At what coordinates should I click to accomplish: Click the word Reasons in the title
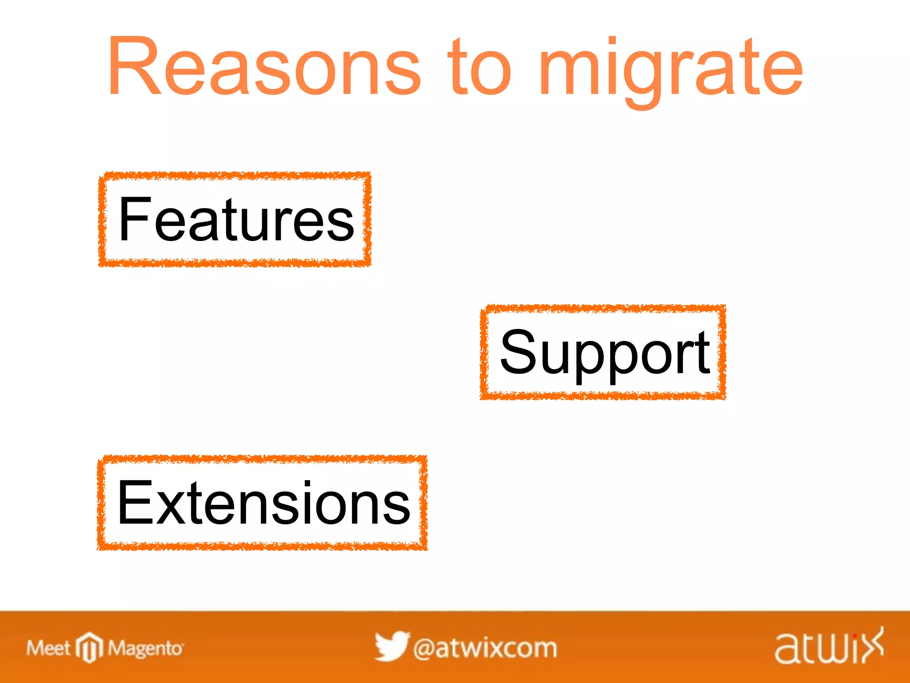264,67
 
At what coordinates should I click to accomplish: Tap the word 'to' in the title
479,67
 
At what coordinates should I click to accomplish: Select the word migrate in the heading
671,69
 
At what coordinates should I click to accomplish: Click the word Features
236,220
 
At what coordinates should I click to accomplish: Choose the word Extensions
263,503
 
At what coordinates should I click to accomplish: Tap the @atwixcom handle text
485,648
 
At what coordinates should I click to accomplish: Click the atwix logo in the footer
829,647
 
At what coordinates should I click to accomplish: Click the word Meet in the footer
48,648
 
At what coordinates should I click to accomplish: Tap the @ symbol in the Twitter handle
424,649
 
